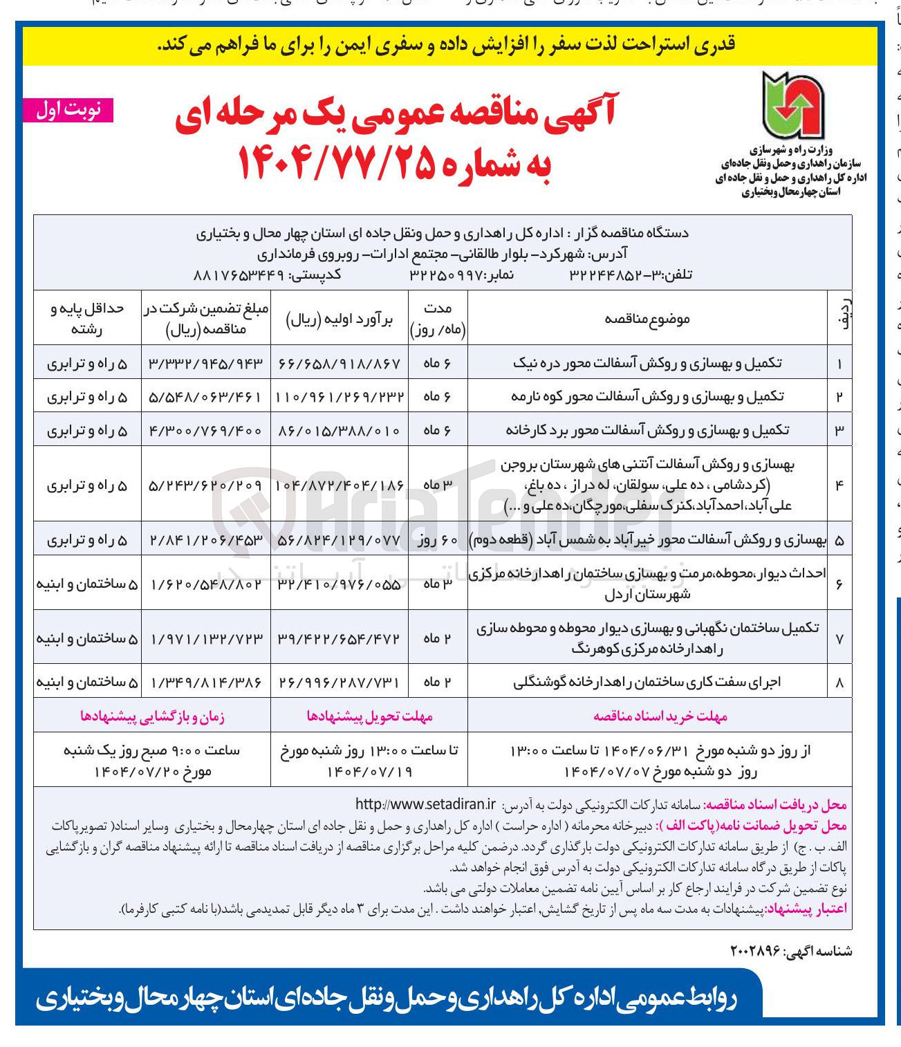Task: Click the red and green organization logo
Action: (792, 106)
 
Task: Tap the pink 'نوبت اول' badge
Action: (68, 111)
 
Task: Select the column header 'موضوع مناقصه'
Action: (647, 319)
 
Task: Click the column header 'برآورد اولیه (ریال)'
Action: (340, 319)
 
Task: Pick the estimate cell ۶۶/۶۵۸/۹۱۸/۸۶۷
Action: (340, 363)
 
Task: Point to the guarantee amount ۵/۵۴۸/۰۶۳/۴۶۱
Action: (205, 397)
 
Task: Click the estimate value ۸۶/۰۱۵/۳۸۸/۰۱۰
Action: (340, 430)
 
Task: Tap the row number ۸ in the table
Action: (839, 683)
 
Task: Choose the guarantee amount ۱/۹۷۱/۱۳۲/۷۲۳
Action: (205, 638)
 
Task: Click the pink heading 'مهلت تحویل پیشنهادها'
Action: (369, 716)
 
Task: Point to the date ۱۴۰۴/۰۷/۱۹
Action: (369, 771)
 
